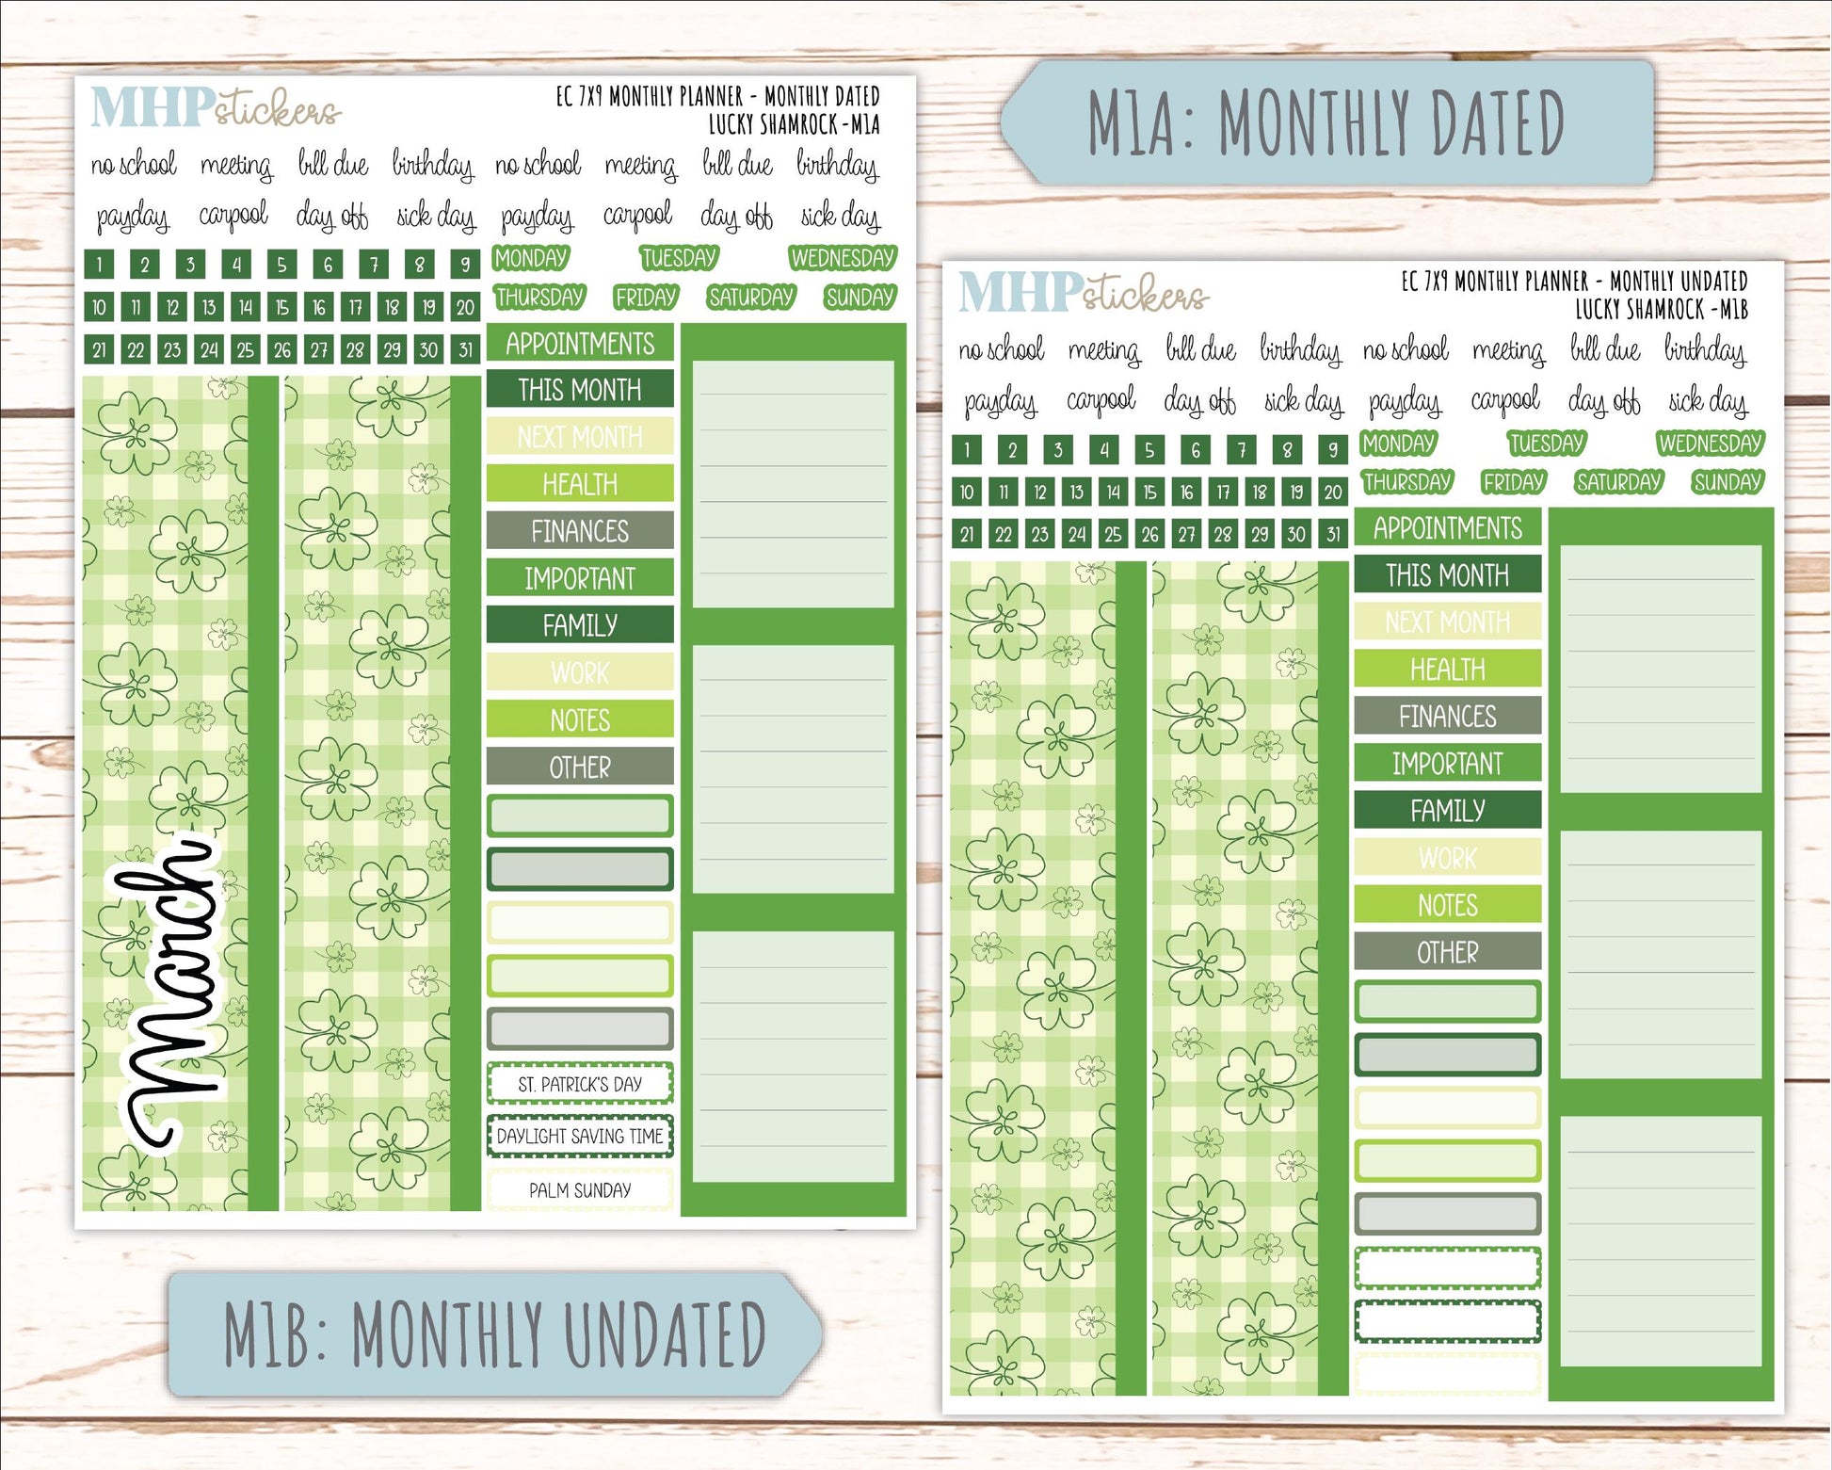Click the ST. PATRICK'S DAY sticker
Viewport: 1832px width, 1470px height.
tap(580, 1084)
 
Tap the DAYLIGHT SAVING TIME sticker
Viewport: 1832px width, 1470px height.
tap(580, 1137)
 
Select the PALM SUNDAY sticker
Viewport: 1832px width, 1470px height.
tap(580, 1190)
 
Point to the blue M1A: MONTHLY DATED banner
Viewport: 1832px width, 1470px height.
tap(1327, 122)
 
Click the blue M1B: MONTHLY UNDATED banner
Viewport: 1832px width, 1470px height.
tap(494, 1333)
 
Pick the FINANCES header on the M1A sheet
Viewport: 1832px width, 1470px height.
tap(580, 531)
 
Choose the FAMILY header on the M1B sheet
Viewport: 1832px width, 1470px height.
tap(1448, 810)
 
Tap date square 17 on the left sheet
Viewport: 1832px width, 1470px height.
tap(355, 307)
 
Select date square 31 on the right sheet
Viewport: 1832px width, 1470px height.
tap(1333, 535)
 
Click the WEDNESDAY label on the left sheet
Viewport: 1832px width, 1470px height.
tap(843, 258)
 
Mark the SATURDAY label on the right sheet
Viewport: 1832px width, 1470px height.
tap(1619, 482)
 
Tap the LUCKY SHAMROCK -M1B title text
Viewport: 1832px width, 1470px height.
tap(1662, 309)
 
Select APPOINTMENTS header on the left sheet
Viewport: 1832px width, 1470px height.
tap(580, 344)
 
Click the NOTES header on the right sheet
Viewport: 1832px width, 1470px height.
tap(1448, 905)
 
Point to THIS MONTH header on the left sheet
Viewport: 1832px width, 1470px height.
tap(580, 390)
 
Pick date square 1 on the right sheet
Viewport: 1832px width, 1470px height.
tap(967, 449)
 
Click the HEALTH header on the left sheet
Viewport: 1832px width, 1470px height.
tap(580, 484)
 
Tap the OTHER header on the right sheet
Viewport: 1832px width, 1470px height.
tap(1448, 952)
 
